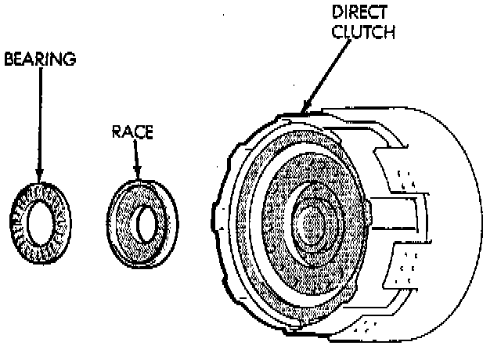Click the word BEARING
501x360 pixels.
pos(39,59)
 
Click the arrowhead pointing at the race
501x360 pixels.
pos(139,173)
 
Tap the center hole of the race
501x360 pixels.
pos(146,225)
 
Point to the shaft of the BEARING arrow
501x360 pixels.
pos(38,117)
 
